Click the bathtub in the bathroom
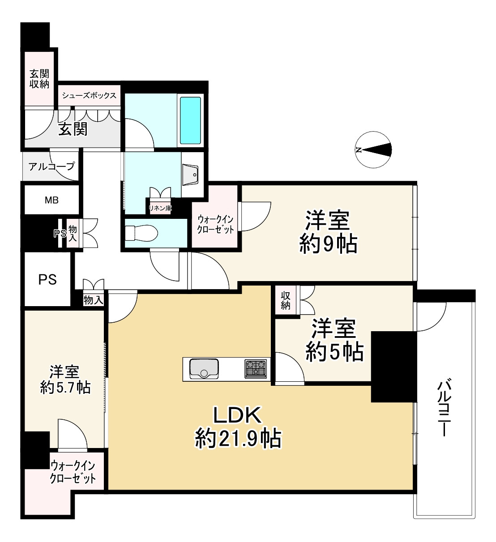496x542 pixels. pyautogui.click(x=190, y=120)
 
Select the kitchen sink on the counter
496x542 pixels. pyautogui.click(x=204, y=368)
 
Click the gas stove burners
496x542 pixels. pyautogui.click(x=255, y=368)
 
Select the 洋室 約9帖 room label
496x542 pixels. pyautogui.click(x=328, y=232)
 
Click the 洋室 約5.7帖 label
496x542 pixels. pyautogui.click(x=65, y=379)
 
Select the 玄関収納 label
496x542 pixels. pyautogui.click(x=39, y=79)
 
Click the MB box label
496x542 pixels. pyautogui.click(x=51, y=201)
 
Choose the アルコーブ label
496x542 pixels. pyautogui.click(x=51, y=166)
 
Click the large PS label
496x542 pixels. pyautogui.click(x=47, y=280)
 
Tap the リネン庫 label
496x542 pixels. pyautogui.click(x=160, y=208)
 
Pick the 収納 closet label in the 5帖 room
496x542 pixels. pyautogui.click(x=286, y=300)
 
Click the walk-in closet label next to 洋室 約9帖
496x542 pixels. pyautogui.click(x=216, y=224)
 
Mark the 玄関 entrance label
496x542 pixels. pyautogui.click(x=73, y=129)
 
